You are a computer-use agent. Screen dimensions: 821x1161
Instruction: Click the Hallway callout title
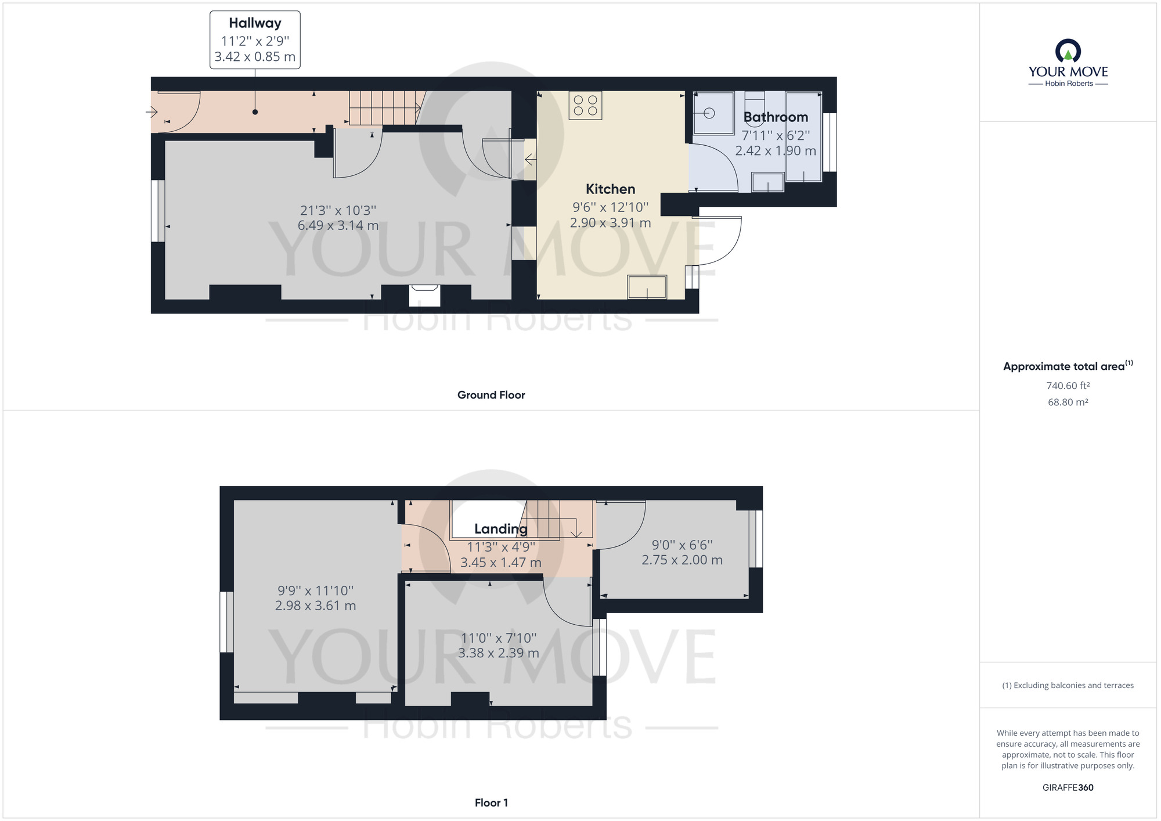(255, 23)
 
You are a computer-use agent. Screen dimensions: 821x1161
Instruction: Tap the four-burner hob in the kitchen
(585, 106)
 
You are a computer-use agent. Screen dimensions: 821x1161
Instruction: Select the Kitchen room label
(610, 189)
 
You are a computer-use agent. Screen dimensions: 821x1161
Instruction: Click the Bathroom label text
(776, 117)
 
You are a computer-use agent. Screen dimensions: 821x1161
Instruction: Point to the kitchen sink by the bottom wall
(647, 287)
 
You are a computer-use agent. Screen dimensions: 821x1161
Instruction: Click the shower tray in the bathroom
(713, 113)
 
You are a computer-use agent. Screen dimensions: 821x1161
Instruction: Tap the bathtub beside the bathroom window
(804, 136)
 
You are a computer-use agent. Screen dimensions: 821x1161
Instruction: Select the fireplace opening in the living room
(424, 296)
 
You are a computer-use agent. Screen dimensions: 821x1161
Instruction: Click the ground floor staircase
(383, 108)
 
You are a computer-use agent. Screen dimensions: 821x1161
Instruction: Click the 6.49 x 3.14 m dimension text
(338, 226)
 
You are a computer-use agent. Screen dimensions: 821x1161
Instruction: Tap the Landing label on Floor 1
(500, 529)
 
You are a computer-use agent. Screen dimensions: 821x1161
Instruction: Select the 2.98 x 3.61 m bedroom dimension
(315, 606)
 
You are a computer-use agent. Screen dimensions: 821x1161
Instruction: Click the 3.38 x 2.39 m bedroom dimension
(498, 653)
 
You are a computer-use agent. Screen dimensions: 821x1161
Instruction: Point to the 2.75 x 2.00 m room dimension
(682, 560)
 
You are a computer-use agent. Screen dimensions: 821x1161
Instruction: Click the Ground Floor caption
(491, 395)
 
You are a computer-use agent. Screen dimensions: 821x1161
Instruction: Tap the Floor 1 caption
(491, 802)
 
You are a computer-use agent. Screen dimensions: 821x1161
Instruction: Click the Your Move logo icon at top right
(1068, 51)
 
